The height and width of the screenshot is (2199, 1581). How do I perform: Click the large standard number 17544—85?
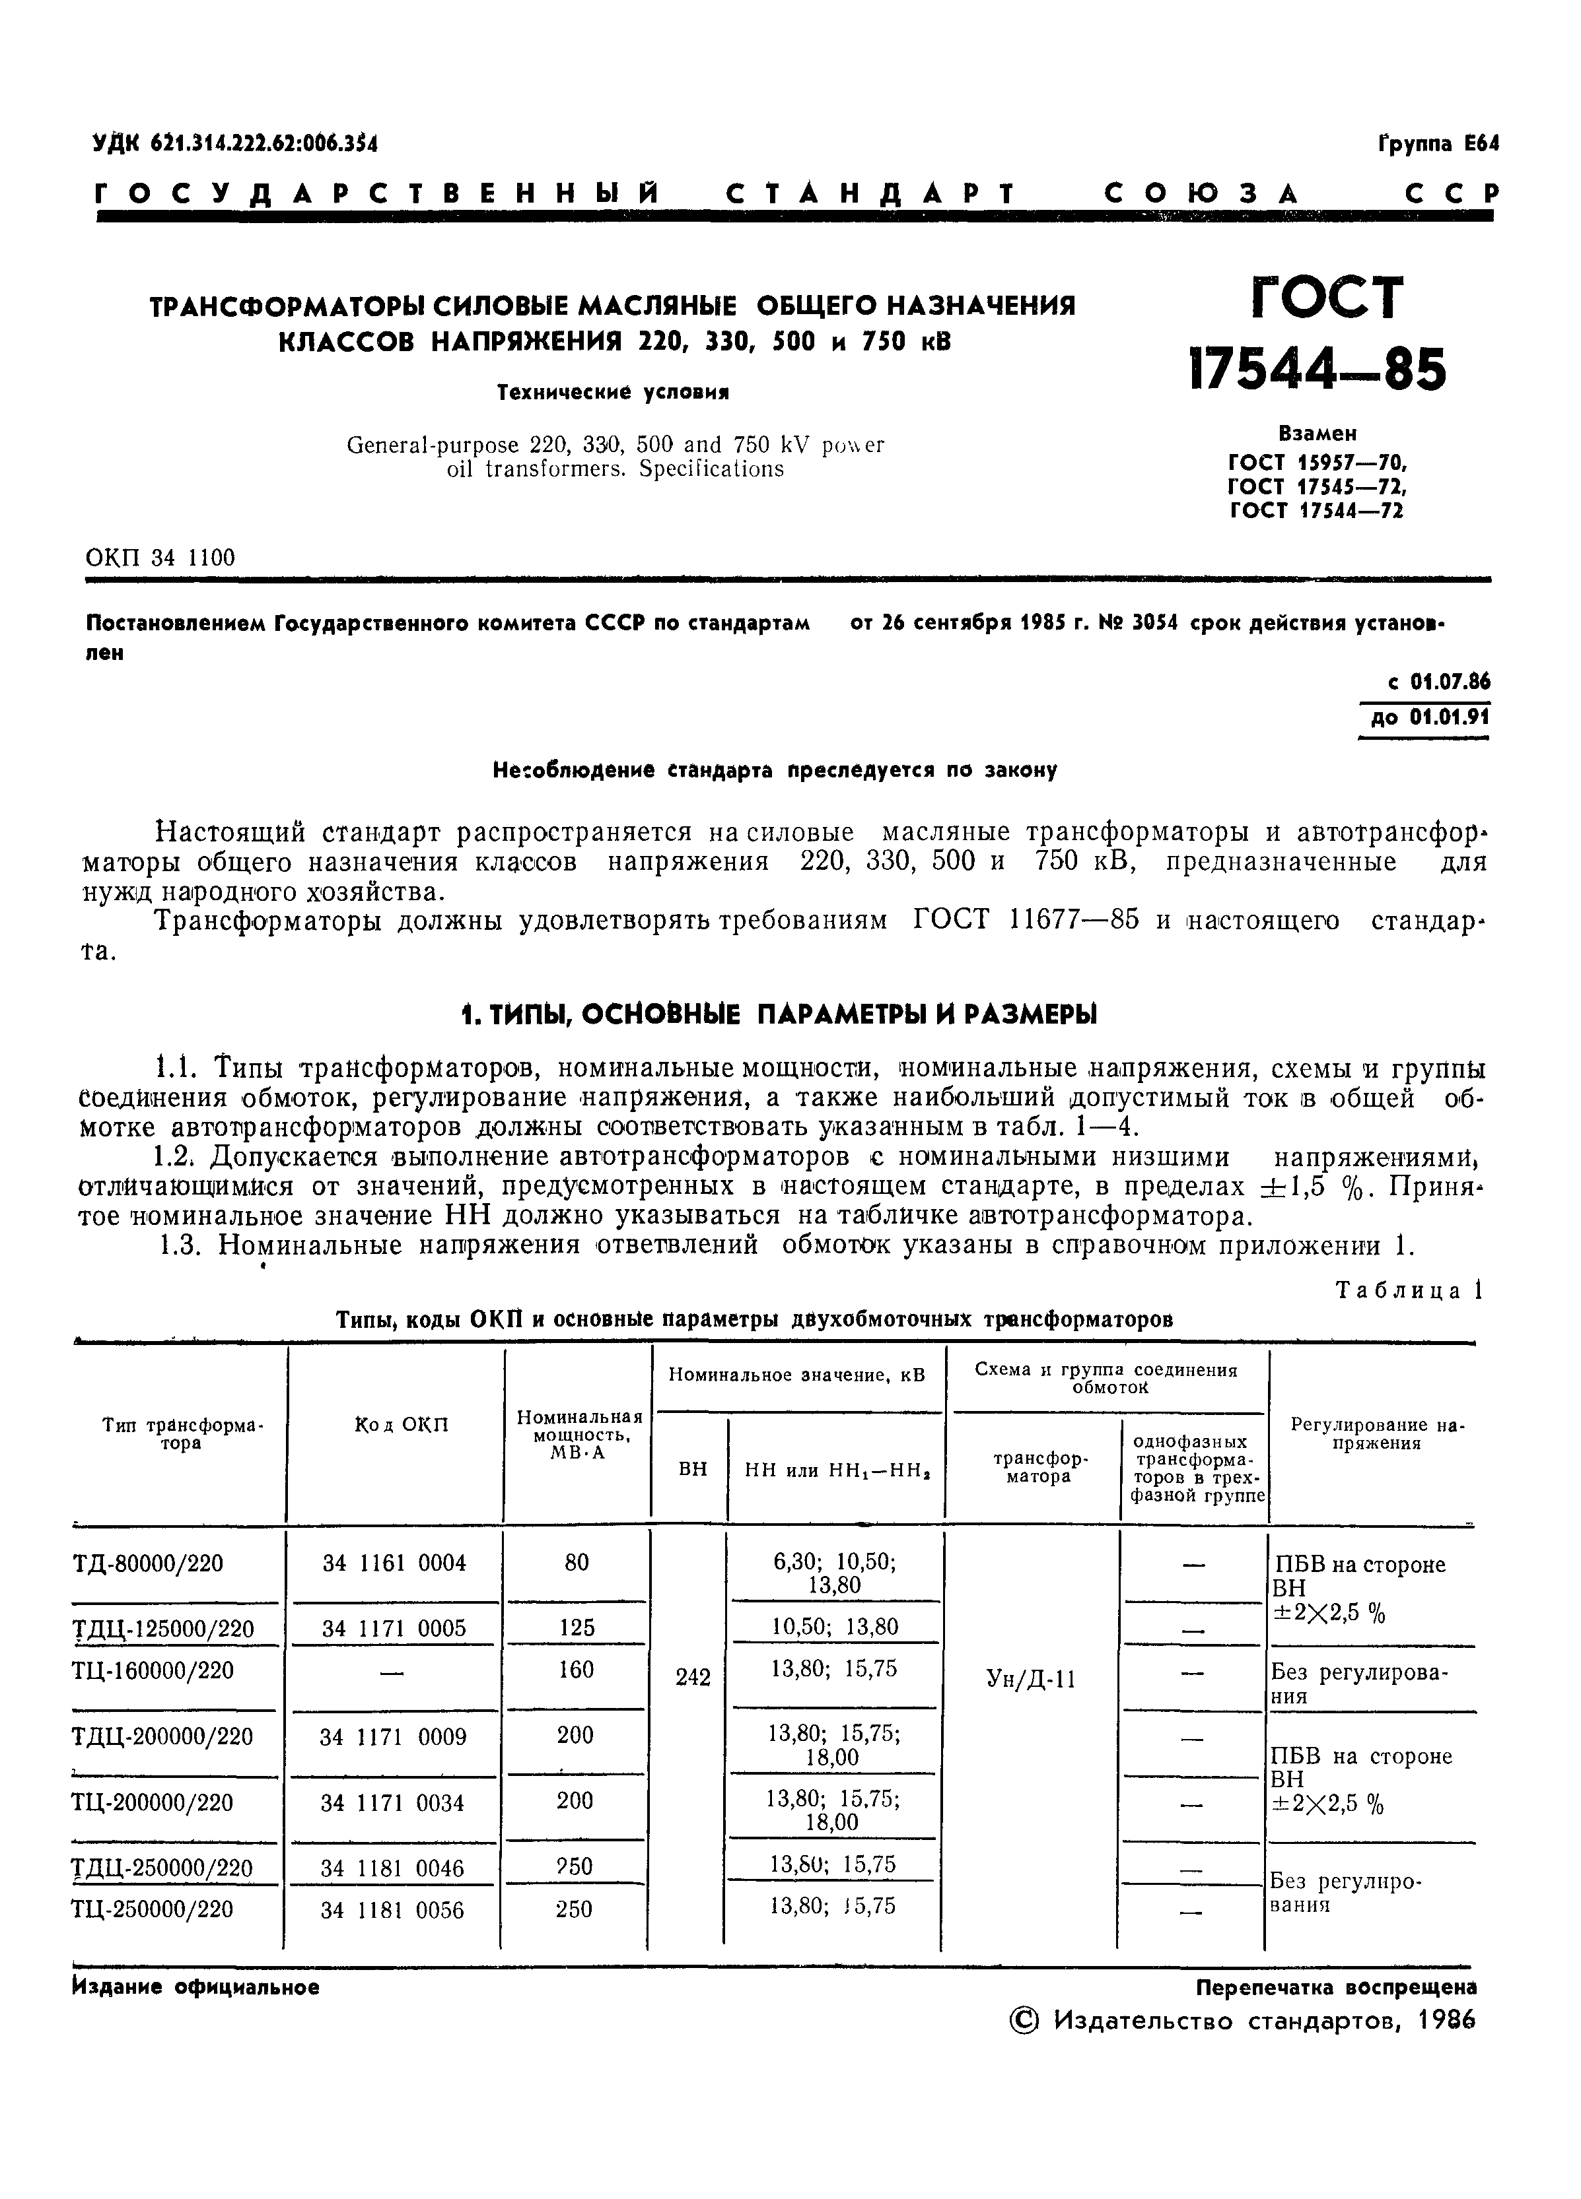tap(1317, 372)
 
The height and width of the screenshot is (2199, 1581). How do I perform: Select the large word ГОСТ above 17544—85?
tap(1327, 298)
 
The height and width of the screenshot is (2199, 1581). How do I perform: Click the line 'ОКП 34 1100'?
tap(160, 558)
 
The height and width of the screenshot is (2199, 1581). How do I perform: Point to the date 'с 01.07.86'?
tap(1438, 682)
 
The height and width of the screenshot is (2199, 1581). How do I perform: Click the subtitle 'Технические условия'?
tap(612, 392)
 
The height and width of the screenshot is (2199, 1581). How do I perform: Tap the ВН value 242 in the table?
tap(693, 1678)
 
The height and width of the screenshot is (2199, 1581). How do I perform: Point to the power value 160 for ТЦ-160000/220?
tap(576, 1668)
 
